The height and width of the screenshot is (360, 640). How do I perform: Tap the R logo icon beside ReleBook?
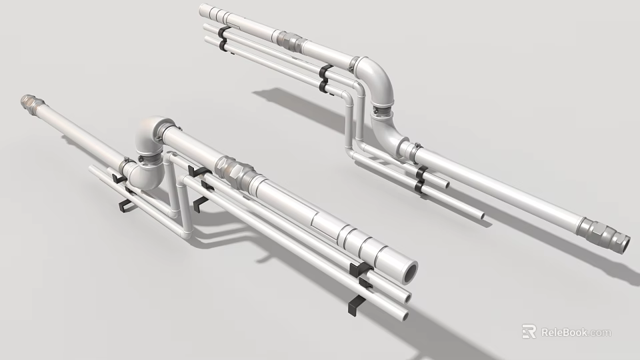[x=529, y=331]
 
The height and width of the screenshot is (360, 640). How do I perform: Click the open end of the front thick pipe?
[x=408, y=270]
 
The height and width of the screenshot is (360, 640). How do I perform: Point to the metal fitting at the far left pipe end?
[x=29, y=101]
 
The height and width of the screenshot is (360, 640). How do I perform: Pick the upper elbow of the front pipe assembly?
[x=152, y=133]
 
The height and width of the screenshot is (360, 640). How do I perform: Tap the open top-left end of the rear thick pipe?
[x=203, y=11]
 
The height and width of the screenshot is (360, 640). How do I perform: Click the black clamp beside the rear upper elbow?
[x=325, y=79]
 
